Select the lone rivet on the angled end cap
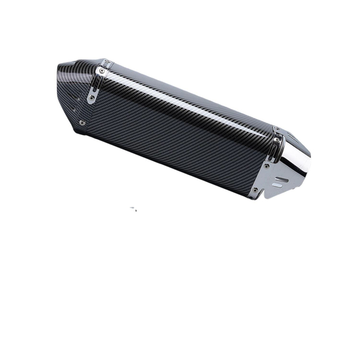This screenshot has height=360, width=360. coord(82,122)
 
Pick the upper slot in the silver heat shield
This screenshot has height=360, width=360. coord(282,180)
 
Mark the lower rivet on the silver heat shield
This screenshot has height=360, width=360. coord(256,190)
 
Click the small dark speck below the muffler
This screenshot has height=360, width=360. coord(134,209)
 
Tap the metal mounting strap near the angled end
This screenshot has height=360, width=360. coord(97,84)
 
